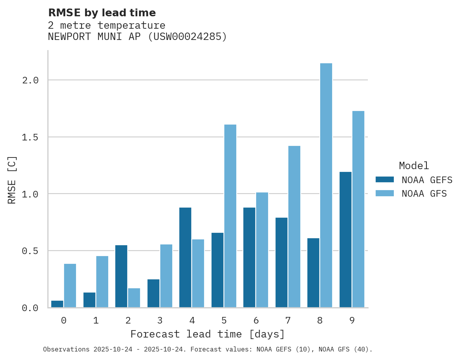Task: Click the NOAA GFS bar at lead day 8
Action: pyautogui.click(x=326, y=185)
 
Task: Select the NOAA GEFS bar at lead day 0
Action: pyautogui.click(x=57, y=304)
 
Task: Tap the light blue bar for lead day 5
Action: pyautogui.click(x=230, y=216)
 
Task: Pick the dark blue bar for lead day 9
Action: pyautogui.click(x=345, y=239)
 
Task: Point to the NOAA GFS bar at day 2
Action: pyautogui.click(x=134, y=298)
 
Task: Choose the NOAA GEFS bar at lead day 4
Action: pyautogui.click(x=185, y=257)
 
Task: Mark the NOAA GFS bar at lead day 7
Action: pyautogui.click(x=294, y=227)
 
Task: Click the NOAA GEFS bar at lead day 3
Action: pyautogui.click(x=153, y=293)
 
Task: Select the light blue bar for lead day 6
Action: pyautogui.click(x=262, y=250)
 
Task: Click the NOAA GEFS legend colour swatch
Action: pyautogui.click(x=385, y=180)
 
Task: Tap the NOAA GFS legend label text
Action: pyautogui.click(x=424, y=194)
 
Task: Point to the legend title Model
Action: pyautogui.click(x=414, y=166)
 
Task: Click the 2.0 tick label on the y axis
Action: pyautogui.click(x=30, y=80)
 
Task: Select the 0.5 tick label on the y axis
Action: pyautogui.click(x=30, y=251)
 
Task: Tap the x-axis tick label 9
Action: pyautogui.click(x=352, y=320)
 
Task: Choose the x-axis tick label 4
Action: pyautogui.click(x=192, y=320)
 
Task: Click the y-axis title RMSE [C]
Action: pyautogui.click(x=12, y=180)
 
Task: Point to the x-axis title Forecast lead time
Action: pyautogui.click(x=208, y=334)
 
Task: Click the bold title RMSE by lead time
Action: pyautogui.click(x=102, y=13)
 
